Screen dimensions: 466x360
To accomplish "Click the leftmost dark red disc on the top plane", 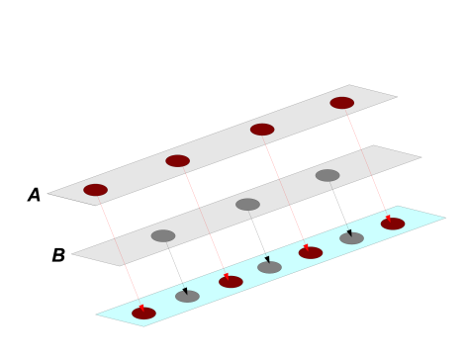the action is coord(95,190).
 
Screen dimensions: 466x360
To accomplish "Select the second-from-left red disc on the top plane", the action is coord(177,161).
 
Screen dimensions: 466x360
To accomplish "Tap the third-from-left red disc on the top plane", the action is coord(262,130).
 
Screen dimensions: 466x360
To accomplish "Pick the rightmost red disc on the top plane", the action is coord(341,103).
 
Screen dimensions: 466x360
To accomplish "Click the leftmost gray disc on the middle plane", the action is coord(163,235).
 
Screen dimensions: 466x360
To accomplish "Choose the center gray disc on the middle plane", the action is coord(247,205).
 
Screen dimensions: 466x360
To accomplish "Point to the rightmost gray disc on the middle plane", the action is coord(327,176).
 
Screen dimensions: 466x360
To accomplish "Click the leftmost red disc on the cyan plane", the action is coord(143,314).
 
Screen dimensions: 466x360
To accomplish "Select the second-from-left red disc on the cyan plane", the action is coord(231,282).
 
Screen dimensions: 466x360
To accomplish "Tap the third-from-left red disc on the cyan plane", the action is coord(311,253).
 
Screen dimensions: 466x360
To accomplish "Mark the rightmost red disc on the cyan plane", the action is coord(393,224).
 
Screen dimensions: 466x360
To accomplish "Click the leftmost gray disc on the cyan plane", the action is coord(187,297).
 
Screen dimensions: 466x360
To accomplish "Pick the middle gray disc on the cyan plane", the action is coord(269,267).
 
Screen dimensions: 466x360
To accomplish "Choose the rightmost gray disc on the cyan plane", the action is coord(351,238).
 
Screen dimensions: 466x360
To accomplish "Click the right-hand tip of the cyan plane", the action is coord(444,218).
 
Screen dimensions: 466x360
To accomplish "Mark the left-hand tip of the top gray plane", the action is coord(49,194).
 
